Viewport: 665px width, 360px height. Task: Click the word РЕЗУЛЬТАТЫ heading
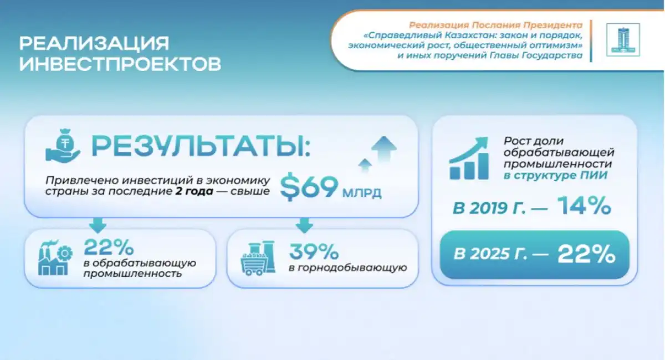tap(201, 146)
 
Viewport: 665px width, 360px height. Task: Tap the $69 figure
tap(309, 188)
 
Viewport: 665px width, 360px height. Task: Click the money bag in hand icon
tap(63, 146)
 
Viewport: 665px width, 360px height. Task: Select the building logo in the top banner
tap(623, 40)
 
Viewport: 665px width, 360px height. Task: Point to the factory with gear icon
tap(55, 258)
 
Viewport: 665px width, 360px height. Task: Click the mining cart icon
tap(258, 258)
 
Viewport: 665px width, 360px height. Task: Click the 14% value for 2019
tap(584, 205)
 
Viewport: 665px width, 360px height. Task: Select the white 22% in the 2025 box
tap(586, 254)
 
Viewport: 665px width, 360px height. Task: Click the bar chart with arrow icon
tap(469, 158)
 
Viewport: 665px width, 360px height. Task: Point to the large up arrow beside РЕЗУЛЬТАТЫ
tap(384, 148)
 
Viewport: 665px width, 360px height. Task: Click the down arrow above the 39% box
tap(304, 225)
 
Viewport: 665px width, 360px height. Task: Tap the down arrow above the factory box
tap(98, 225)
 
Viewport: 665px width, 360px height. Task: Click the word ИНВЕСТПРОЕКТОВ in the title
tap(120, 64)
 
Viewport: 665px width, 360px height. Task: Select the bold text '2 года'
tap(194, 191)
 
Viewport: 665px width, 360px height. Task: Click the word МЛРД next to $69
tap(361, 193)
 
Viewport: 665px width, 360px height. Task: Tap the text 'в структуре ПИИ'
tap(555, 175)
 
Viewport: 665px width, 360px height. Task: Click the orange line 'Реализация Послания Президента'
tap(496, 25)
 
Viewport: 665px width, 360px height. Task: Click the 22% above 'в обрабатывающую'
tap(109, 247)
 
